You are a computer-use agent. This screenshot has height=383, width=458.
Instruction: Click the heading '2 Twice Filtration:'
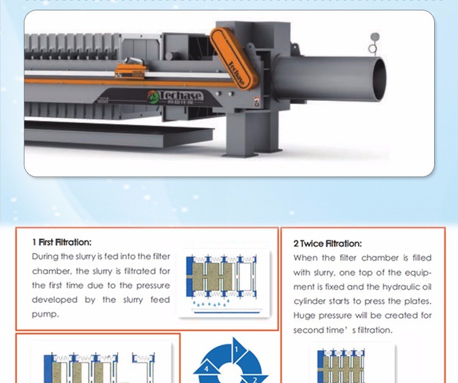[327, 243]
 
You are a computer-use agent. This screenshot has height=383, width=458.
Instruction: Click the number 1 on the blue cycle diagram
[236, 349]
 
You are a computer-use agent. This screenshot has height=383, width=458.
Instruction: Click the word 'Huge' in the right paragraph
[305, 316]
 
